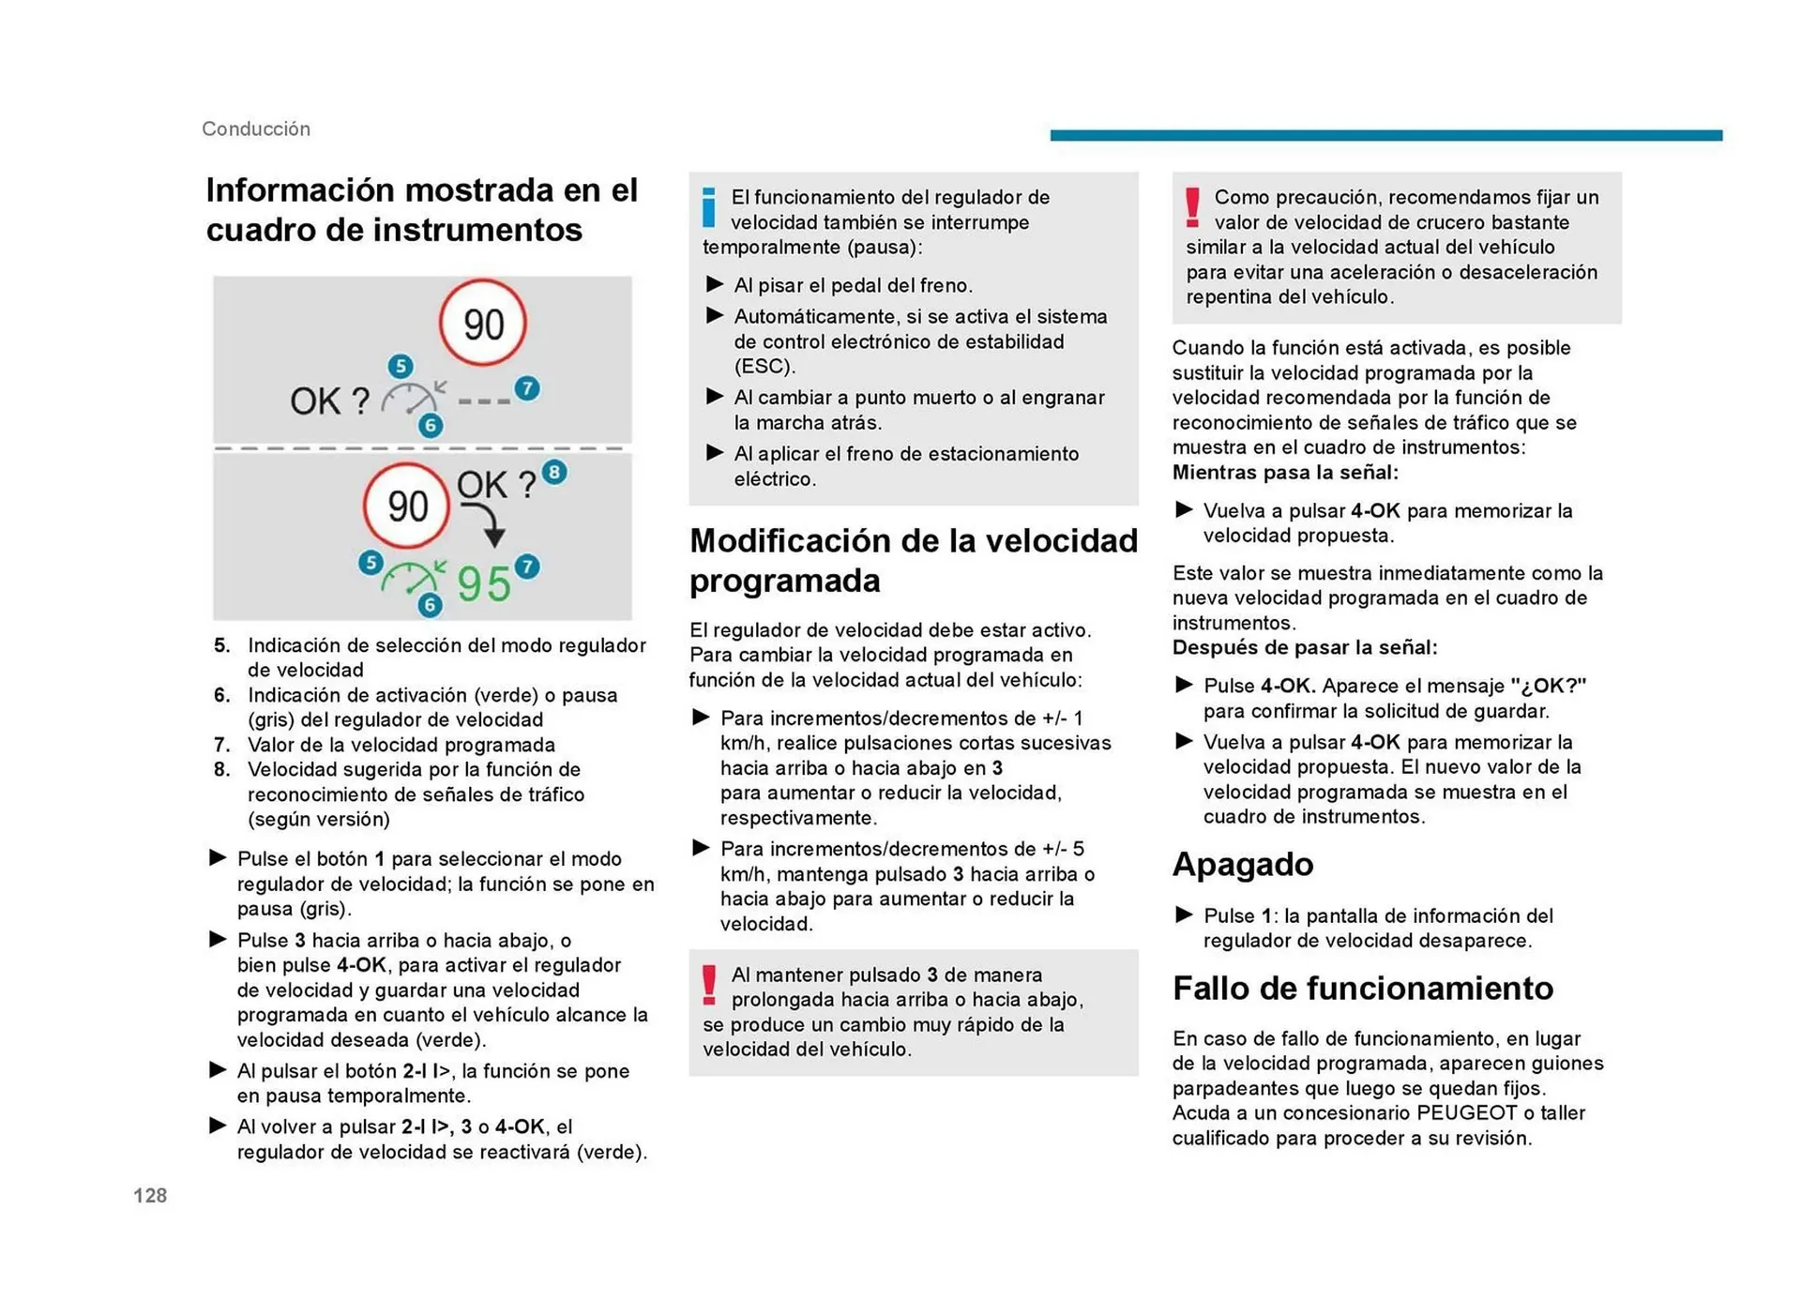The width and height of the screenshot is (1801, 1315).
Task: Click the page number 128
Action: point(150,1195)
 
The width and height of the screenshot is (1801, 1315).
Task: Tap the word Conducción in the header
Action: point(255,128)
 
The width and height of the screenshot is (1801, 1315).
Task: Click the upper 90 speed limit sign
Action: point(483,324)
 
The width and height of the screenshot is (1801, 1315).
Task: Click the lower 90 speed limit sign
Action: point(407,506)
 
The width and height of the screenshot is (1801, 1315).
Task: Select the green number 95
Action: point(484,583)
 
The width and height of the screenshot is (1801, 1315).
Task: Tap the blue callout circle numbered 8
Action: point(554,472)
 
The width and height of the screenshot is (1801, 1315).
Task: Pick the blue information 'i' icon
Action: point(709,206)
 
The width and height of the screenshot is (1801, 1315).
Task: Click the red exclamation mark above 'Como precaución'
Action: point(1192,207)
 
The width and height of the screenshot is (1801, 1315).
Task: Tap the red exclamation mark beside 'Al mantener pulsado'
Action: point(709,985)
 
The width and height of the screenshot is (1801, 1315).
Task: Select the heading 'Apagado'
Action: point(1242,864)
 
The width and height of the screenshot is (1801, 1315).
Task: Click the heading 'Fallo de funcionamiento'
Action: point(1362,988)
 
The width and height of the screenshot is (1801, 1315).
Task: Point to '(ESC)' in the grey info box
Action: point(764,366)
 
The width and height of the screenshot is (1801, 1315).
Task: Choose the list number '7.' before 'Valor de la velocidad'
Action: point(222,745)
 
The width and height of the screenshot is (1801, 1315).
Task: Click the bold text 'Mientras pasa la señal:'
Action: point(1284,473)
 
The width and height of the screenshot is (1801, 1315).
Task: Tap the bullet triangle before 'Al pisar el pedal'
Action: point(715,284)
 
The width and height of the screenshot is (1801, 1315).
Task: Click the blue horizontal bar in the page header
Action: point(1385,135)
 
